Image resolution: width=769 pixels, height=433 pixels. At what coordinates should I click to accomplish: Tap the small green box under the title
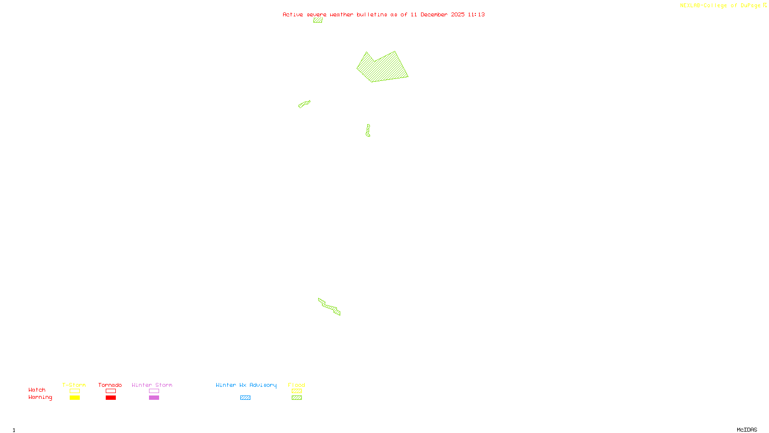[x=318, y=20]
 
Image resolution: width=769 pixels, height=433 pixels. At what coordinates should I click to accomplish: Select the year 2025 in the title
[x=458, y=14]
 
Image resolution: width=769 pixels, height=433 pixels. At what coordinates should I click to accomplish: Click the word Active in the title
[x=293, y=14]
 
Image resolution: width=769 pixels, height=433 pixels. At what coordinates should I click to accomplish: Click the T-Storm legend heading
[x=74, y=385]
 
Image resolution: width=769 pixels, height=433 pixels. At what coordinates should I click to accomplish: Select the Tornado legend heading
[x=110, y=385]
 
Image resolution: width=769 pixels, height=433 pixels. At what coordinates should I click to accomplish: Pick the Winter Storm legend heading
[x=152, y=385]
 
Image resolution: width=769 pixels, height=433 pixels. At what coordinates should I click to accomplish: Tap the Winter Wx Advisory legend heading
[x=246, y=385]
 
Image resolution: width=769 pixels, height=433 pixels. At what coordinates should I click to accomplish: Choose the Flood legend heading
[x=297, y=385]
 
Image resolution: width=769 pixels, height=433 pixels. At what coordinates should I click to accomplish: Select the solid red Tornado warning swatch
[x=111, y=398]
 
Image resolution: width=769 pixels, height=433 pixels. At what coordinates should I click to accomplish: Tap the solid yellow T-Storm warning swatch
[x=74, y=398]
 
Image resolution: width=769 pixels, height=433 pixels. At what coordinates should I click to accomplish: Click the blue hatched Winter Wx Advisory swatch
[x=245, y=398]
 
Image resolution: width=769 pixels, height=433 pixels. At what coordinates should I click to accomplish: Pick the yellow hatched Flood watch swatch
[x=297, y=391]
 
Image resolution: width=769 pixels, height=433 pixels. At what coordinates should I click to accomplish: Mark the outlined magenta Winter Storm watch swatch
[x=154, y=391]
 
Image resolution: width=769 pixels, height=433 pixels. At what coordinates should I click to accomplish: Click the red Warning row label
[x=40, y=397]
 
